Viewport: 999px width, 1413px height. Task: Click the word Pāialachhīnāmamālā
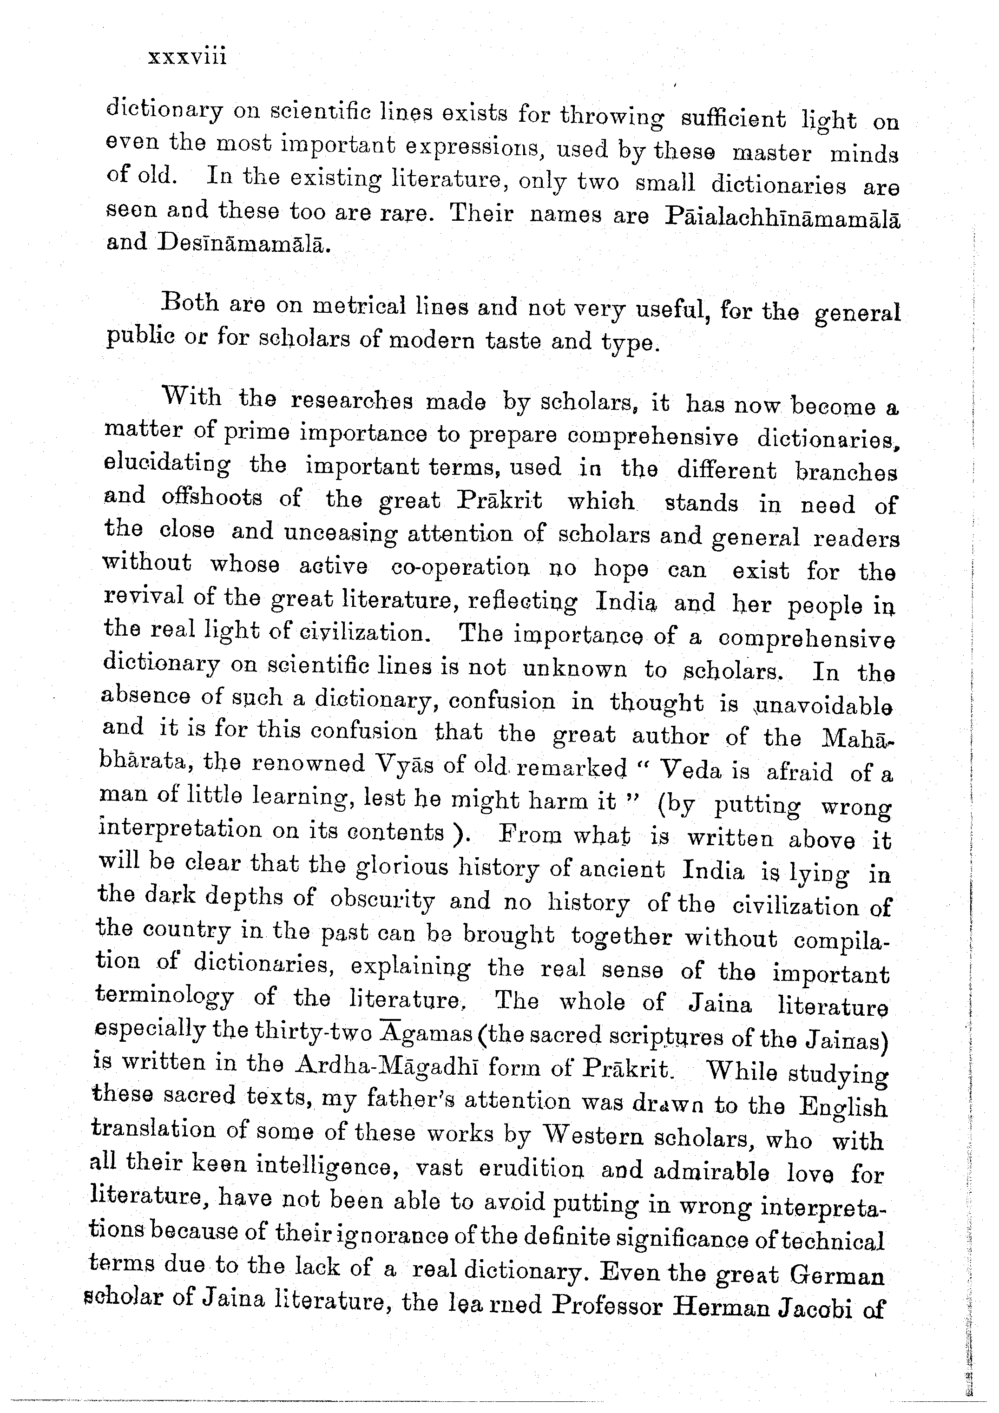783,220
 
